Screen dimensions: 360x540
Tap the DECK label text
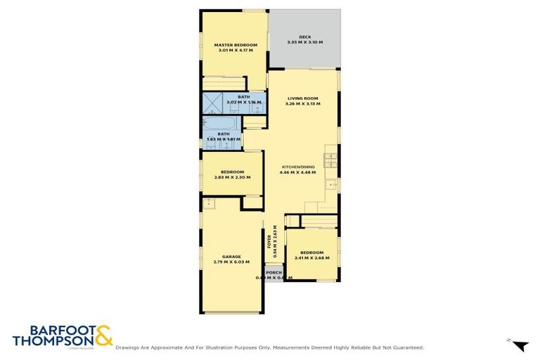tap(304, 37)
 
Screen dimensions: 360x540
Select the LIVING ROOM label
tap(302, 98)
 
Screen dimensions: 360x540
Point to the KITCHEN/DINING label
tap(297, 167)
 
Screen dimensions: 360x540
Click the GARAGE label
tap(231, 257)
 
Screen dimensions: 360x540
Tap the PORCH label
tap(274, 272)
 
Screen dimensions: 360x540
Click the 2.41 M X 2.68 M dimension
tap(311, 257)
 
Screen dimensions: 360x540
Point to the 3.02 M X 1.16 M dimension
tap(243, 102)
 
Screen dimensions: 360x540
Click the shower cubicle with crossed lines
tap(213, 103)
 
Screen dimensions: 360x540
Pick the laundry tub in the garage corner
tap(209, 203)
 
